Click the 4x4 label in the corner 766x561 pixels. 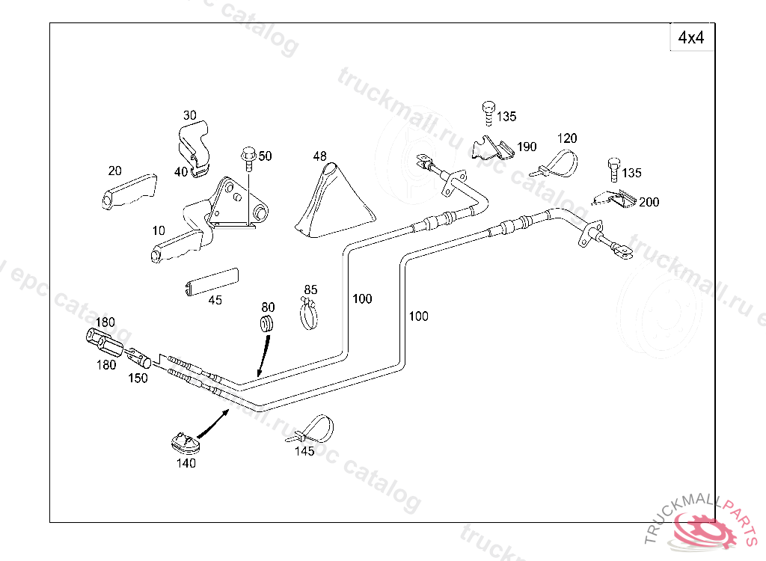691,37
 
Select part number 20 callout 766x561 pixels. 114,170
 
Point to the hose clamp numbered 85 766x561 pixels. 309,314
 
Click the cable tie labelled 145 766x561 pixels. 314,429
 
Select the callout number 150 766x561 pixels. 138,378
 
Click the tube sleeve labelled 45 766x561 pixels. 211,280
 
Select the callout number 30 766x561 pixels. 190,115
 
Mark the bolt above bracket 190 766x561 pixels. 488,112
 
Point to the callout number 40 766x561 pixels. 181,171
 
